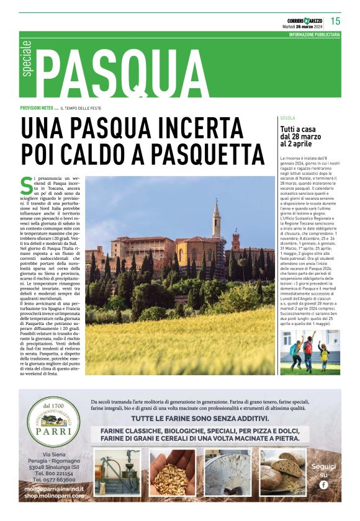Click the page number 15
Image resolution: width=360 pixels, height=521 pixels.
pos(335,20)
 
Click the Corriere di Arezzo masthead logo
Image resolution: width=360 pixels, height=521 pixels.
pos(302,19)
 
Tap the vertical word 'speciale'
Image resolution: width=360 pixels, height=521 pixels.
pos(27,60)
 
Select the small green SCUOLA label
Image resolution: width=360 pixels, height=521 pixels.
pos(287,117)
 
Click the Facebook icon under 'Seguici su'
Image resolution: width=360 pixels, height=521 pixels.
pos(323,484)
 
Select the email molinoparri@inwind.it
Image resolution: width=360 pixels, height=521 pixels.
pos(55,489)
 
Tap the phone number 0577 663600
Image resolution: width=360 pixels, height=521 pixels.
pos(55,480)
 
